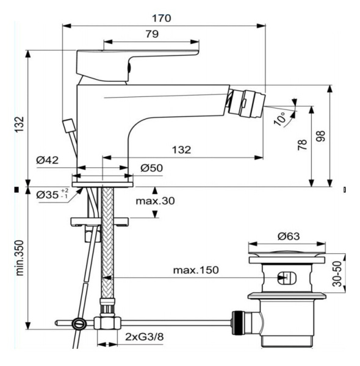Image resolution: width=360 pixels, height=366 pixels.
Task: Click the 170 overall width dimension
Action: pos(162,18)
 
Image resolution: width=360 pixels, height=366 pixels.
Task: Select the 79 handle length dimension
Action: pos(152,35)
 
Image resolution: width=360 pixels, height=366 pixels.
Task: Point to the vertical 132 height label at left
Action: pos(19,124)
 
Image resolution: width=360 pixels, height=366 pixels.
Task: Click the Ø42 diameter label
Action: pos(47,160)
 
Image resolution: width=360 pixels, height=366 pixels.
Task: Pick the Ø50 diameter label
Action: pos(151,167)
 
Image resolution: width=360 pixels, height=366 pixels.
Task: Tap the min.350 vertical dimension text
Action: pos(19,257)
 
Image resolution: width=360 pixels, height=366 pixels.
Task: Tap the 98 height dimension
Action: pos(321,135)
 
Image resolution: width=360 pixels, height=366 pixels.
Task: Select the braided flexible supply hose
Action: pos(108,244)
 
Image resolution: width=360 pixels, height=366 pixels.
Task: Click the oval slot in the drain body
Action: pos(287,278)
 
